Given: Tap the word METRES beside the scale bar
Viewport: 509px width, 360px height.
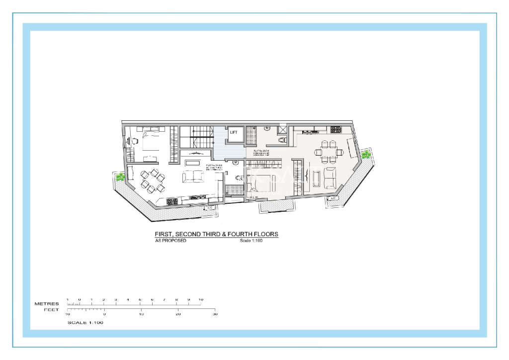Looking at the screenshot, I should click(x=46, y=303).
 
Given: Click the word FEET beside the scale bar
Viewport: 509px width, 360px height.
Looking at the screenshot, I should click(x=51, y=310).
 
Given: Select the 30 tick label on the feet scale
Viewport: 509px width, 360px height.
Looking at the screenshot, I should click(x=215, y=314).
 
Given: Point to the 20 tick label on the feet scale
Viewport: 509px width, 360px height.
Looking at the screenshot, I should click(x=178, y=314).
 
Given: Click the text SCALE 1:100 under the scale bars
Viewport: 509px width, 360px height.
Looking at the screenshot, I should click(x=85, y=323).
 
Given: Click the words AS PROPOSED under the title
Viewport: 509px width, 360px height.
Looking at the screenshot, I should click(x=171, y=241).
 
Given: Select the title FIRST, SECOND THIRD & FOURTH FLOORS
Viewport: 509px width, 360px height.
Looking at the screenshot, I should click(x=216, y=234).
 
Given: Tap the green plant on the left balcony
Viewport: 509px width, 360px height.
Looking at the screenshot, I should click(x=120, y=177).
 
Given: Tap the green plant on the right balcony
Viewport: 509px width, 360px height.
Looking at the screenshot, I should click(x=366, y=155).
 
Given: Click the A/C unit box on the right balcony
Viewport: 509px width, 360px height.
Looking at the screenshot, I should click(x=333, y=198).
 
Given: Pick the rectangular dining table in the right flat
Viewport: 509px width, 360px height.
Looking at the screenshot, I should click(x=329, y=151).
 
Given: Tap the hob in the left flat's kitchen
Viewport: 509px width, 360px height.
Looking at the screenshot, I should click(x=172, y=201).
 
